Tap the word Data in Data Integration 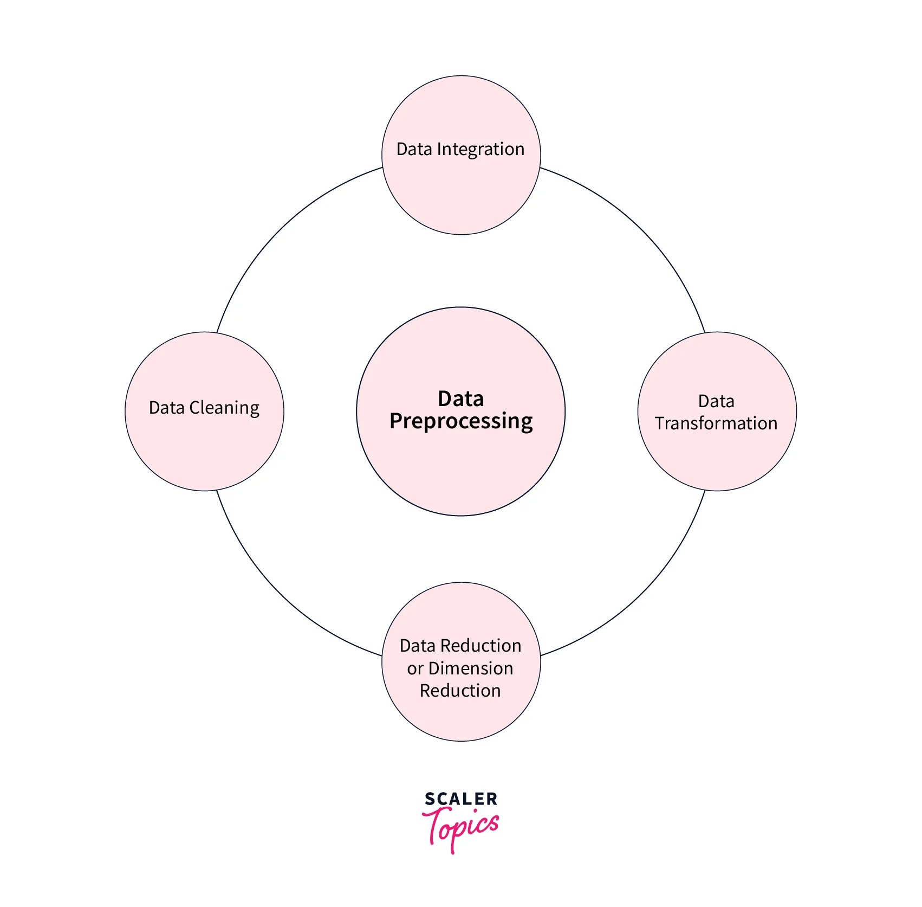point(414,149)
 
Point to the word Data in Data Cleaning point(166,408)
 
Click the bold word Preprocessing point(461,422)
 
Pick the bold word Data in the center point(461,399)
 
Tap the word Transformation point(716,423)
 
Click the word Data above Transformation point(716,401)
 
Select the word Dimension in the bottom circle point(471,668)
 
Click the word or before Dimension point(415,669)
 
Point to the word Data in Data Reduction point(418,646)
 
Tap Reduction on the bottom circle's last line point(460,691)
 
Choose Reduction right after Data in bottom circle point(481,646)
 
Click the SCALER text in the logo point(461,799)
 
